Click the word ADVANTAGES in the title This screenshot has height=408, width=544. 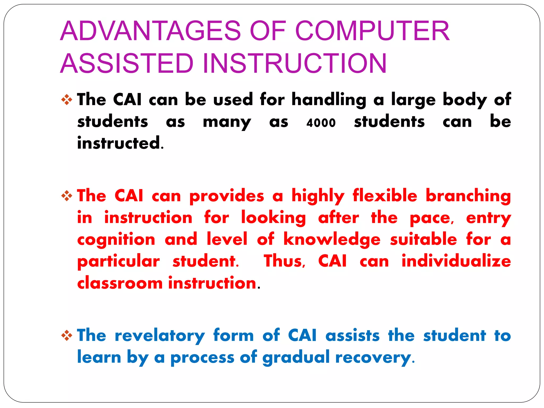(x=150, y=31)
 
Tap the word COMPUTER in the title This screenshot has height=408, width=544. (x=372, y=31)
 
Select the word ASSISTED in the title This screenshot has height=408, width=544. (x=127, y=63)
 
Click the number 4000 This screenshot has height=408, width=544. (x=321, y=123)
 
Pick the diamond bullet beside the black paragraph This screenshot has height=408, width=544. (x=67, y=100)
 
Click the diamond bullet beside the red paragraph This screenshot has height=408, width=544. (x=67, y=196)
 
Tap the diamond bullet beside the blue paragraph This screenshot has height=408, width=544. (x=67, y=335)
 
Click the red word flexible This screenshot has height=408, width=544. (x=385, y=196)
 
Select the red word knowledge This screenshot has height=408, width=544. (x=332, y=240)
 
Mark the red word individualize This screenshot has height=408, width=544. (x=456, y=261)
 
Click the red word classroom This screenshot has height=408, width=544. (x=120, y=283)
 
